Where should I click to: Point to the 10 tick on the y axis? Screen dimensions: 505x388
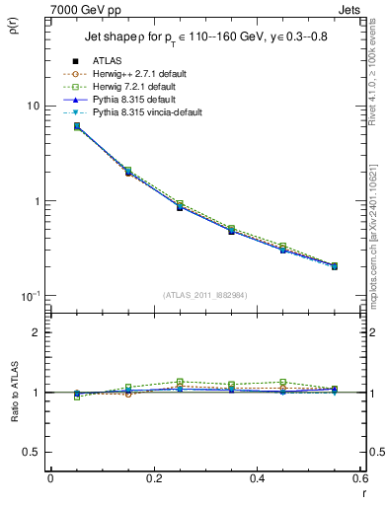point(32,106)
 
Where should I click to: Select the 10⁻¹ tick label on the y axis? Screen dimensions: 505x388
point(30,296)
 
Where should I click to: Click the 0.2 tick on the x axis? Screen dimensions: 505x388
point(153,479)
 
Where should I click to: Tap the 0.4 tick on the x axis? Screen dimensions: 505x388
point(257,479)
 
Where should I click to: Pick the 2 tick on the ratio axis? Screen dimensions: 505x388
point(35,332)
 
